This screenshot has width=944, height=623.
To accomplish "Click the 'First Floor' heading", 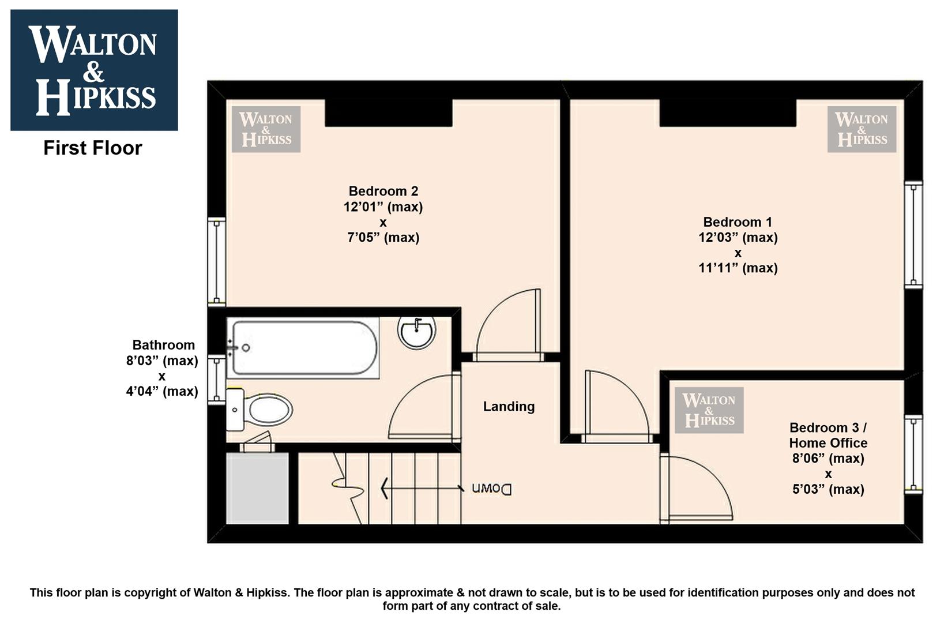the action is click(93, 148).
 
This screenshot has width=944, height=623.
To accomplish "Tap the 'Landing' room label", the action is click(509, 406).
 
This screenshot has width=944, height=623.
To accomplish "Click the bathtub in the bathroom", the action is click(303, 348).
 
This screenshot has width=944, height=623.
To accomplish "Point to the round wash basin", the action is click(416, 333).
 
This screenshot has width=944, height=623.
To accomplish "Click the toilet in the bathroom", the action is click(259, 410).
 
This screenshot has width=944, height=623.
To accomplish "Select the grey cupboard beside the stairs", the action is click(258, 488).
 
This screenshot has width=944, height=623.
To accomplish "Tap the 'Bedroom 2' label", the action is click(383, 191).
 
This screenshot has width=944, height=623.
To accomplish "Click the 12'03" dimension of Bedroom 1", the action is click(738, 238).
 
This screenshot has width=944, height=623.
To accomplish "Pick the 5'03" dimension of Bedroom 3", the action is click(828, 489).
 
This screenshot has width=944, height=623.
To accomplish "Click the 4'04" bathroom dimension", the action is click(162, 392).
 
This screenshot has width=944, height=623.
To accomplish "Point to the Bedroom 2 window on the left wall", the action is click(217, 262).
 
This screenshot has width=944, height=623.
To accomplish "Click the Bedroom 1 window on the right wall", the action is click(913, 235).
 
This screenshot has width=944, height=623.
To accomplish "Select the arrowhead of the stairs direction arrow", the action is click(384, 489).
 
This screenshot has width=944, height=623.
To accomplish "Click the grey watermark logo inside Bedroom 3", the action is click(709, 410).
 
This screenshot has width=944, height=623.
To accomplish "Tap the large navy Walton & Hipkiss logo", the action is click(94, 70).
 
